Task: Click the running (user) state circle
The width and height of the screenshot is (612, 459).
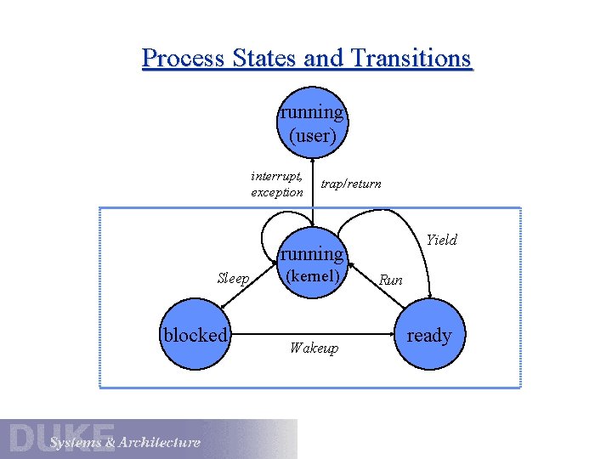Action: tap(313, 123)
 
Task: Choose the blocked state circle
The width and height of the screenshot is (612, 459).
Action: tap(195, 335)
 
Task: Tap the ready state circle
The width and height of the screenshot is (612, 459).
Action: tap(429, 335)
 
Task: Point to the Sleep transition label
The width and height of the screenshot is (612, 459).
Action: tap(233, 278)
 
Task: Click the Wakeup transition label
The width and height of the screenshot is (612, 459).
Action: tap(314, 348)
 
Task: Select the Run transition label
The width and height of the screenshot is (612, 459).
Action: tap(391, 279)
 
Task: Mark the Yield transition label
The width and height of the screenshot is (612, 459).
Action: tap(441, 240)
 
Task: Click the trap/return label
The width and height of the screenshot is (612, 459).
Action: tap(351, 184)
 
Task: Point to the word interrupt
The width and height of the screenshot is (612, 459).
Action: tap(276, 176)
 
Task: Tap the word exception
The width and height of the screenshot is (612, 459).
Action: tap(277, 192)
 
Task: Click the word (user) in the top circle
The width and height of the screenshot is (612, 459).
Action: tap(313, 134)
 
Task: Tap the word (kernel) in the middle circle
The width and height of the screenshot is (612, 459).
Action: tap(313, 276)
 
